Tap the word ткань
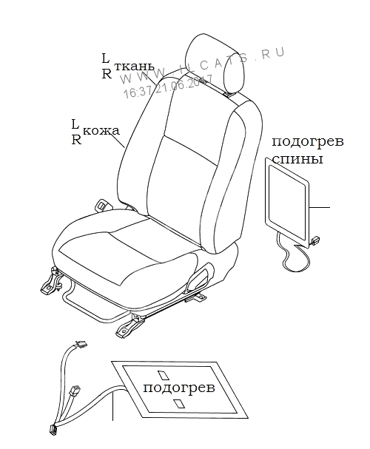click(135, 67)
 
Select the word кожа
click(101, 131)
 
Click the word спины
click(297, 159)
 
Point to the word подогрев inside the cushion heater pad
click(179, 388)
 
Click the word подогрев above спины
click(308, 142)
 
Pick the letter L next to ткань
click(106, 58)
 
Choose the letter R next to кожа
click(76, 140)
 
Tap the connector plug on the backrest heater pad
click(314, 240)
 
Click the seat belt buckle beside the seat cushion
click(101, 204)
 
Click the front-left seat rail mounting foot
click(51, 283)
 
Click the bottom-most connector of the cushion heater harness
click(52, 430)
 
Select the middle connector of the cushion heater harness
click(75, 391)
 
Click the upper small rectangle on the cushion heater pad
click(162, 375)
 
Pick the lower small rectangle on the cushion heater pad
click(178, 403)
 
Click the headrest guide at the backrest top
click(229, 95)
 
